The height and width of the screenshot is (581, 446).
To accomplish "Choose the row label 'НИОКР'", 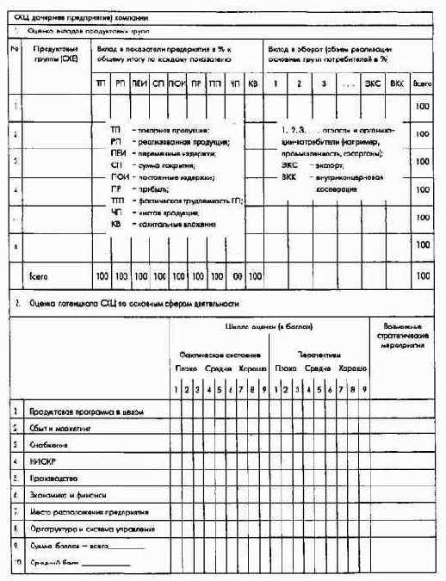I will [43, 461].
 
